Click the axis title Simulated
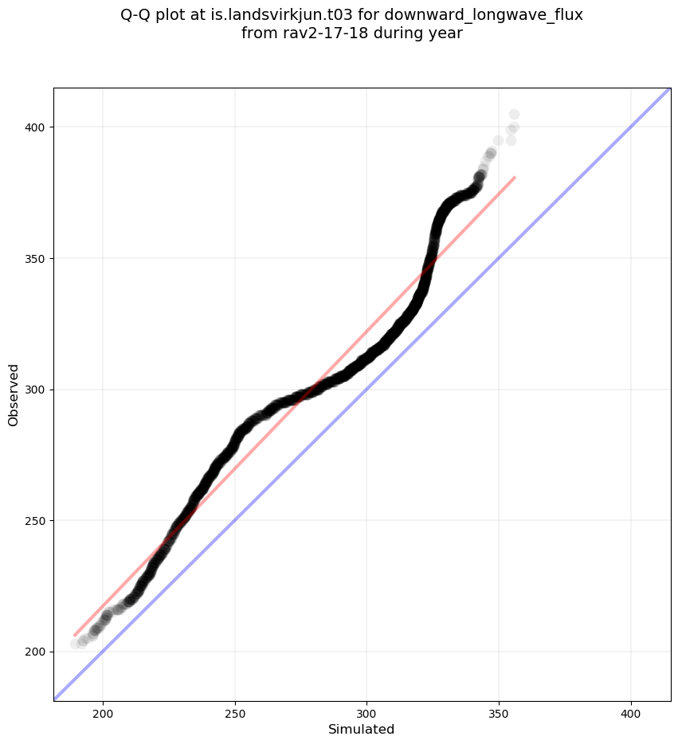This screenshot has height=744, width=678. (x=362, y=729)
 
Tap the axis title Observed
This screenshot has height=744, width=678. (x=14, y=395)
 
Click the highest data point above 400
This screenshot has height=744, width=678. (x=514, y=115)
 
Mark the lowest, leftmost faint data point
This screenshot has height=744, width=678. (x=76, y=644)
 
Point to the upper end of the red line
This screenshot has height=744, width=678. (x=515, y=177)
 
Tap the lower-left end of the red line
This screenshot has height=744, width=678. (x=74, y=636)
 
